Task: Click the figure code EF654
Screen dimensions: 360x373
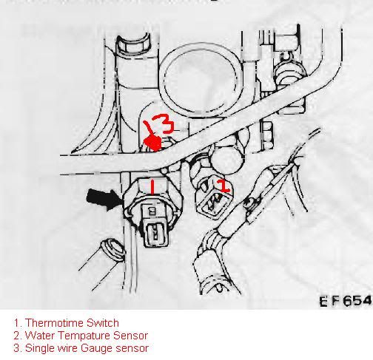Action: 345,301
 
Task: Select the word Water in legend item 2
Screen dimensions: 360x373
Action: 38,336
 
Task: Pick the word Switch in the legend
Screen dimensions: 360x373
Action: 100,323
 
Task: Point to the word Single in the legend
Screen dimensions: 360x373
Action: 38,348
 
